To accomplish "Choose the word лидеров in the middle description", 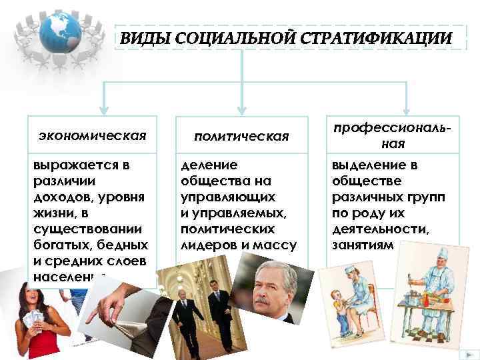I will [203, 245].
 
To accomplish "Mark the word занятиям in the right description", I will [360, 245].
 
